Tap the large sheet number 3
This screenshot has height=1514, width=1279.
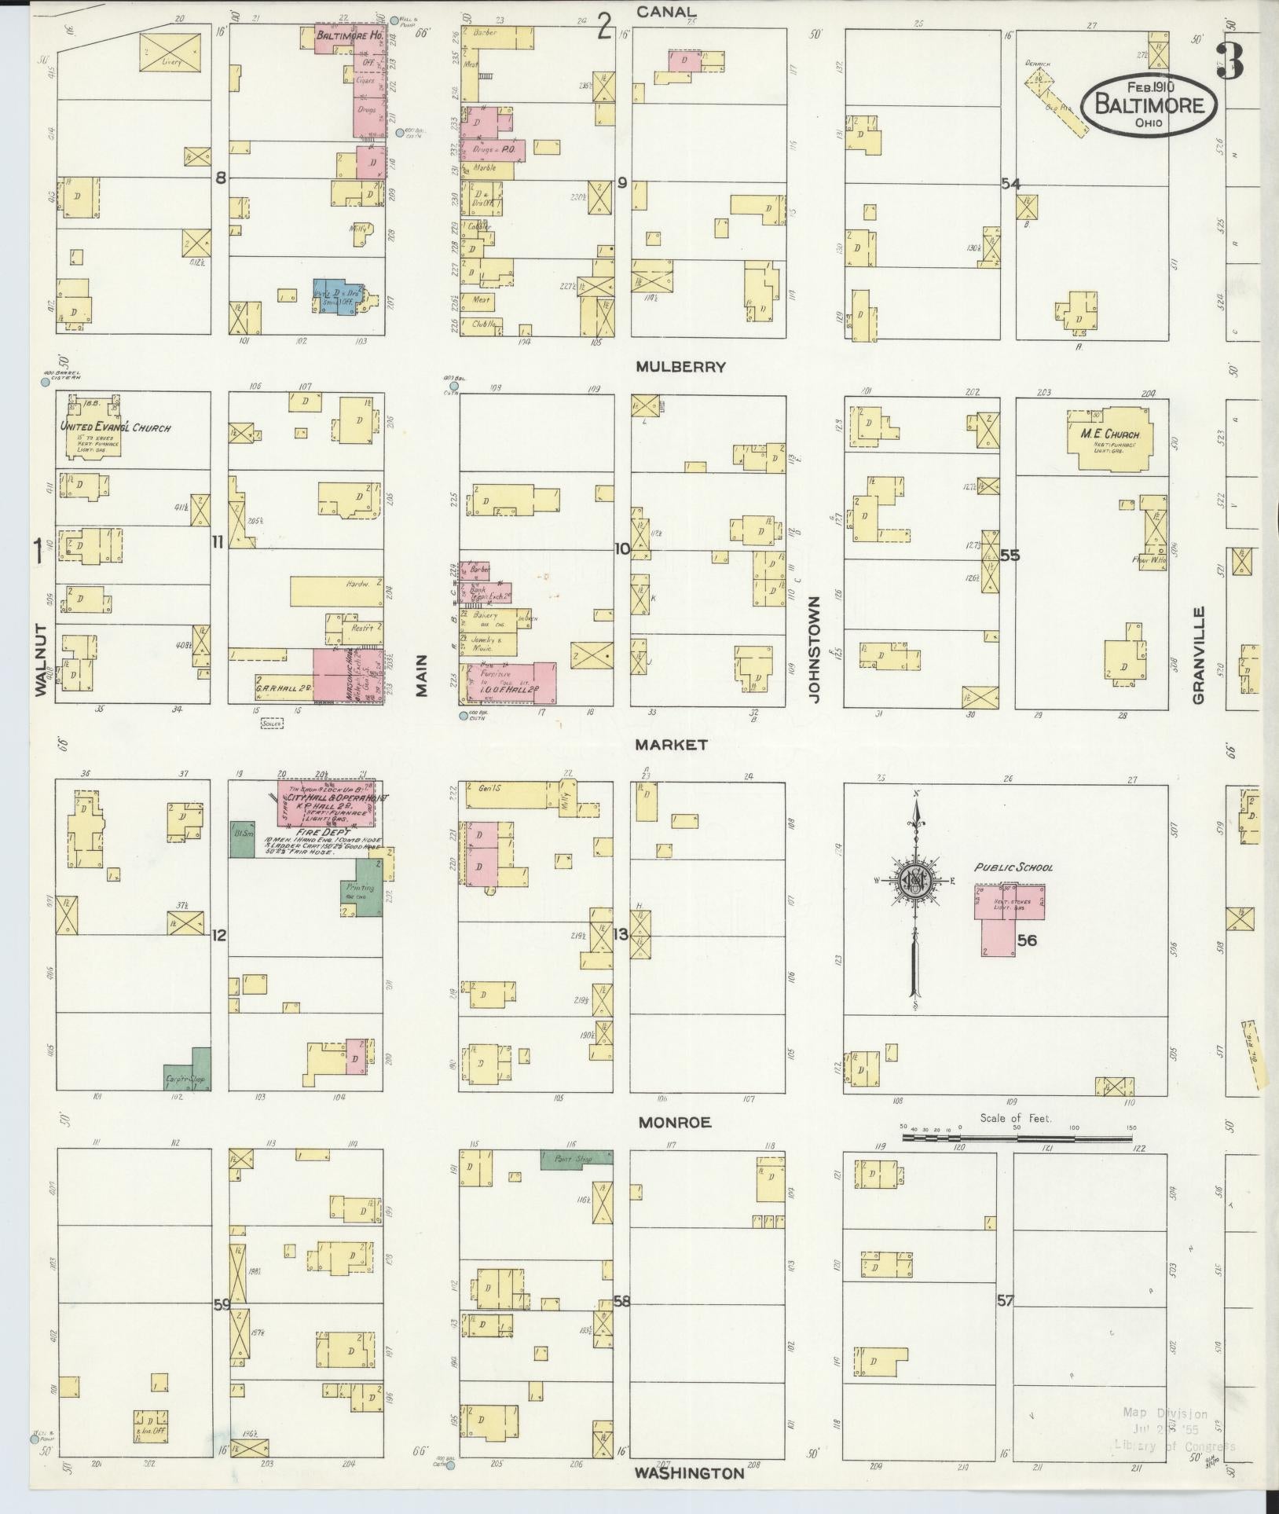1230,60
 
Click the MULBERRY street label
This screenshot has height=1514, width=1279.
680,367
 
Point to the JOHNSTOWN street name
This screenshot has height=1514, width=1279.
814,649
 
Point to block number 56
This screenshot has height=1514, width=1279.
1027,940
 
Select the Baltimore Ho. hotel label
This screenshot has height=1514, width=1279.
338,36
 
